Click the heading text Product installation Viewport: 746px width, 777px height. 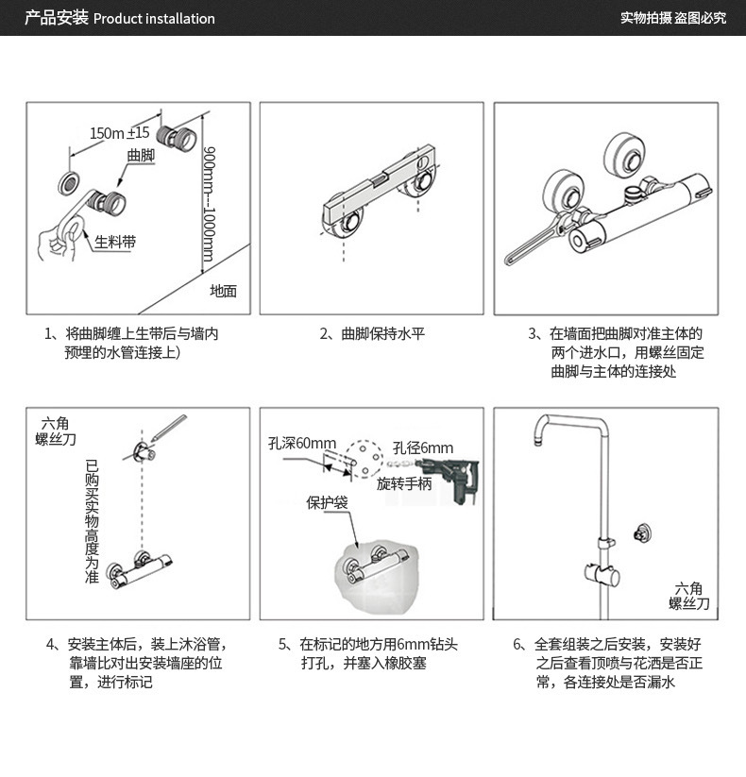[x=154, y=19]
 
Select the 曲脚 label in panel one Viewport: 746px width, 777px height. [x=140, y=154]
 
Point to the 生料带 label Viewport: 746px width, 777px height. [x=114, y=244]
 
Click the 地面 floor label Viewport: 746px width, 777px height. [x=223, y=291]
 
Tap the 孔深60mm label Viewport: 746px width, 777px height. [x=301, y=444]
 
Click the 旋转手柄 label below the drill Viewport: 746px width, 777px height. [x=403, y=484]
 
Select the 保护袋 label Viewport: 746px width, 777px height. [x=327, y=502]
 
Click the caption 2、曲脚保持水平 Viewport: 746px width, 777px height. [x=371, y=333]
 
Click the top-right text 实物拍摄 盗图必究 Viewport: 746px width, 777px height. [x=673, y=19]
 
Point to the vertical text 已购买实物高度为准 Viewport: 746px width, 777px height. [x=92, y=520]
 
